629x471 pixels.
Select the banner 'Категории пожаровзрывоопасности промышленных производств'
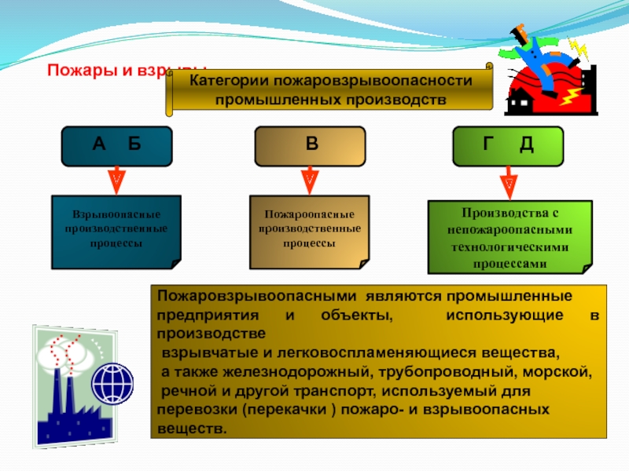point(330,91)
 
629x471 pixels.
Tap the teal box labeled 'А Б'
point(116,145)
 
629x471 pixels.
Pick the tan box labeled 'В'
point(311,145)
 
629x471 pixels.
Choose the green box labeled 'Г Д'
point(508,145)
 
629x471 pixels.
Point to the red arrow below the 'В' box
point(310,178)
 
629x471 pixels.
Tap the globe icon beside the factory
point(112,384)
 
